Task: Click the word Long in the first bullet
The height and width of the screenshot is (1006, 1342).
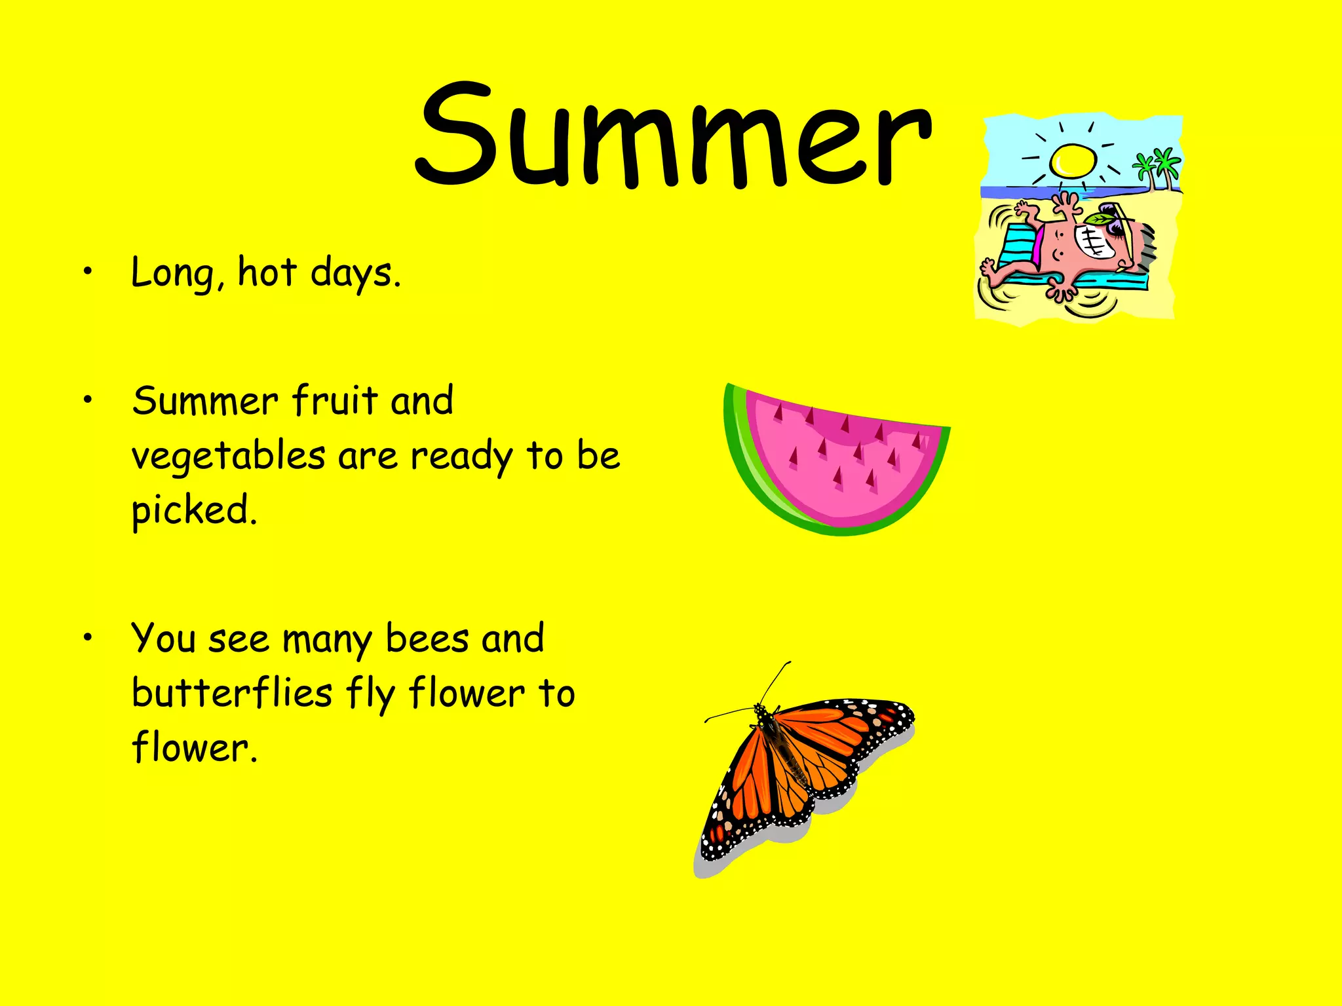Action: point(172,272)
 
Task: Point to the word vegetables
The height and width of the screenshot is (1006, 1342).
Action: point(228,456)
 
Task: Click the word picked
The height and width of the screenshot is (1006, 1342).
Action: point(194,511)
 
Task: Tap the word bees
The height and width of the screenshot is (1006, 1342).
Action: point(427,638)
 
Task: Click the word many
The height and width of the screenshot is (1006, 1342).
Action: point(326,639)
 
